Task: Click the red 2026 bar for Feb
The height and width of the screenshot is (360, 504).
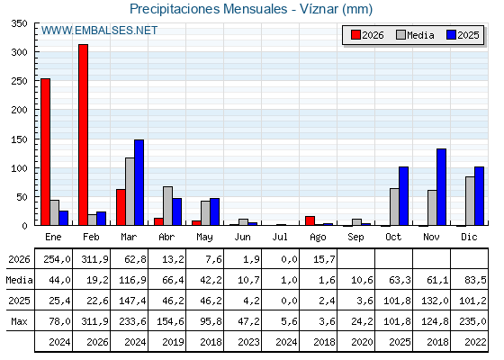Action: coord(83,135)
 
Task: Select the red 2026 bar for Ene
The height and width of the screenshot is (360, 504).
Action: coord(45,152)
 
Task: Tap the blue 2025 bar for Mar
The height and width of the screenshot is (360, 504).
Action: coord(139,182)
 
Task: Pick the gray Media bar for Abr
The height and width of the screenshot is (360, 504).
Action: coord(167,206)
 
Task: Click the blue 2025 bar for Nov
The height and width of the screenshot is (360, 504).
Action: coord(441,187)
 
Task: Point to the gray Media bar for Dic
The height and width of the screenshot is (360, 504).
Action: coord(470,201)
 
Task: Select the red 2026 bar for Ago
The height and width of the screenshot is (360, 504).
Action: coord(310,220)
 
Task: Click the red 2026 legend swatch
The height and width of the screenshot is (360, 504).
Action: coord(355,35)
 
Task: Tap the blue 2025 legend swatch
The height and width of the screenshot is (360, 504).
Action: coord(451,35)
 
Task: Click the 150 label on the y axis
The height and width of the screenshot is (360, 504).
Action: coord(19,139)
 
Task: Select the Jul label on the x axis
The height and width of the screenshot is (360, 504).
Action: coord(280,238)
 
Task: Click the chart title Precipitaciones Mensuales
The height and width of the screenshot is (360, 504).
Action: coord(208,9)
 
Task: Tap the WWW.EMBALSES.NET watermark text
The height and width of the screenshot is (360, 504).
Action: coord(99,31)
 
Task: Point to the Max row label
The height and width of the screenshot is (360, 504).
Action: coord(19,321)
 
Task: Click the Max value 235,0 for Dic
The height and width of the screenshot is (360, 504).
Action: coord(472,321)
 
